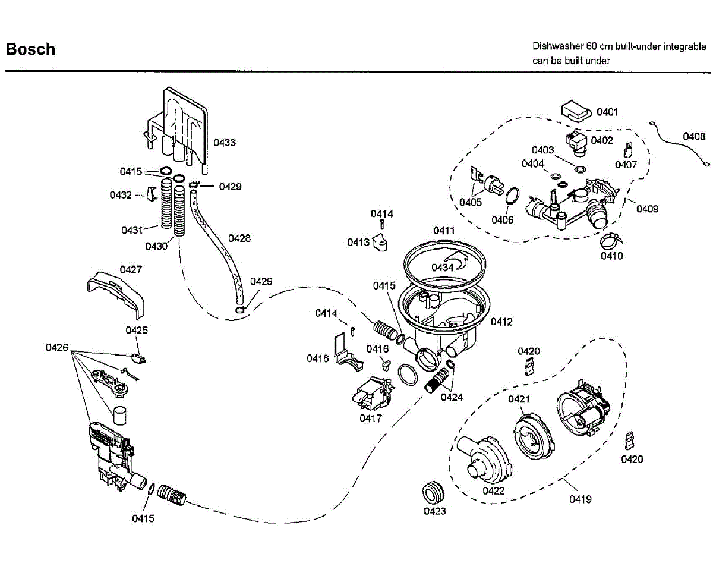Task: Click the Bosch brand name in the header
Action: [x=30, y=49]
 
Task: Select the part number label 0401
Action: [x=607, y=112]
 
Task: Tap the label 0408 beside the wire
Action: [x=694, y=136]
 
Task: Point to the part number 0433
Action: [x=225, y=143]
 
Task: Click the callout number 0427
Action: [x=131, y=269]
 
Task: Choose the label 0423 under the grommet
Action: [x=435, y=511]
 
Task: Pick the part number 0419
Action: [x=581, y=499]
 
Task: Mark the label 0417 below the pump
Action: [x=370, y=418]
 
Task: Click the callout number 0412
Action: [x=501, y=322]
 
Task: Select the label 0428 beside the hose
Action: [x=239, y=238]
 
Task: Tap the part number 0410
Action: [x=611, y=256]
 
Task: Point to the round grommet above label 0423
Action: [x=434, y=493]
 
